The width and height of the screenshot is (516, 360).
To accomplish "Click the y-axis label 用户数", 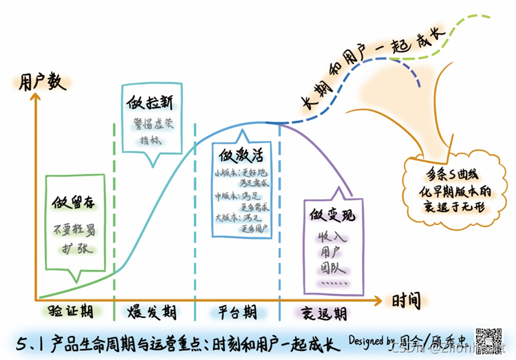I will [x=43, y=81].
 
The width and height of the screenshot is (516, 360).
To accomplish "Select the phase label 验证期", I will [x=71, y=312].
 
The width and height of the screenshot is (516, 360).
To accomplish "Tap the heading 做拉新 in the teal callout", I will [x=150, y=103].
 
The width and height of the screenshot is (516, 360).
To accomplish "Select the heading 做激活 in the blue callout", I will [x=237, y=152].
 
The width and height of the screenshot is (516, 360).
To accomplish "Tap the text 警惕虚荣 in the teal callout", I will [x=151, y=126].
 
